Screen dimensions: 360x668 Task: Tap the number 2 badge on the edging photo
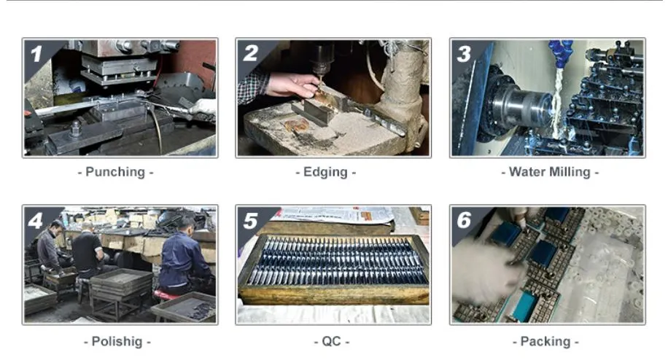(x=250, y=53)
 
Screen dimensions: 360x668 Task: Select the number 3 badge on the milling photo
(x=464, y=53)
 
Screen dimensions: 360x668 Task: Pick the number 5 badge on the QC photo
(x=250, y=220)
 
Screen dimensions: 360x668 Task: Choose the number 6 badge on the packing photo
(x=464, y=220)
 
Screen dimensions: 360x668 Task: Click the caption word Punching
(x=115, y=172)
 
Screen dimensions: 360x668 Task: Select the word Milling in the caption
(x=571, y=172)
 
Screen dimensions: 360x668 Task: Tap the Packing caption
(x=545, y=341)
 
